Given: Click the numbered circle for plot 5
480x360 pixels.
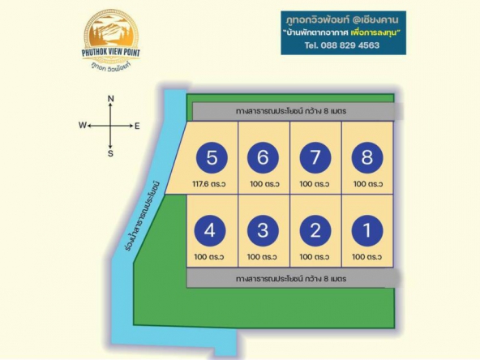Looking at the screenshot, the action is (x=212, y=157).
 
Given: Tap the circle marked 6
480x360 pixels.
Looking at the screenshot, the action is (x=263, y=157).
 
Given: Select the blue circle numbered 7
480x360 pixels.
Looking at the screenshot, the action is (x=315, y=157).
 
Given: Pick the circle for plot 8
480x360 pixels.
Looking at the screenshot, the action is (x=367, y=157).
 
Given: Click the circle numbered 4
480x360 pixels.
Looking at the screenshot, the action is (x=210, y=230).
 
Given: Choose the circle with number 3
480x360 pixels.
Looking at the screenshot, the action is (x=263, y=230).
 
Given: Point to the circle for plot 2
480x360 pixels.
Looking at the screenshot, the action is (x=315, y=230).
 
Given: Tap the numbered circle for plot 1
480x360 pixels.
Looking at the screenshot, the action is (x=367, y=230).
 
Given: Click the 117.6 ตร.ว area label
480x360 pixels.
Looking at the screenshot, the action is (x=209, y=184).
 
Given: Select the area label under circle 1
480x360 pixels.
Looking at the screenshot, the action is (x=366, y=256).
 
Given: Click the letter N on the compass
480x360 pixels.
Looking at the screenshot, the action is (x=111, y=99).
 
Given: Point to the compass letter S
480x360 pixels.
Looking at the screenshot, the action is (x=110, y=153).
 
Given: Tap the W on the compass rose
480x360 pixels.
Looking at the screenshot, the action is (x=83, y=125).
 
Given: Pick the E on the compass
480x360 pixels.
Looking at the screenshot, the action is (x=137, y=126).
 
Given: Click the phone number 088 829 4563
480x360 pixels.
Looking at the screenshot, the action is (x=350, y=45).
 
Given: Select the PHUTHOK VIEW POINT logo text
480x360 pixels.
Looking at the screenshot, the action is (x=111, y=53).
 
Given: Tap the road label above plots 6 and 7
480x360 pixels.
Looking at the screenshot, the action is (x=291, y=111).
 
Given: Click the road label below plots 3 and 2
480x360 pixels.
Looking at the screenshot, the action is (x=291, y=279).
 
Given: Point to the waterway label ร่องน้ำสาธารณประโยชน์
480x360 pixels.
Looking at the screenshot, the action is (x=143, y=216).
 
